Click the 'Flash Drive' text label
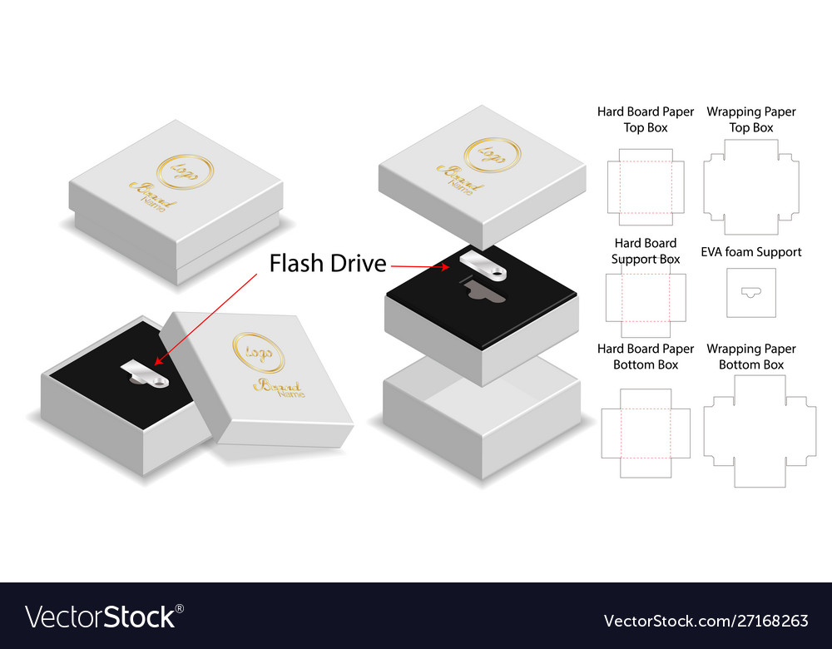tap(327, 263)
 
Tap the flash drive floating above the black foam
tap(483, 265)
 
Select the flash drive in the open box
tap(145, 373)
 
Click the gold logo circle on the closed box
tap(186, 171)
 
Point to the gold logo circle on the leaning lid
tap(259, 352)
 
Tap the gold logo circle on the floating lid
tap(493, 155)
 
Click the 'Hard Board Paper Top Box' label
tap(646, 119)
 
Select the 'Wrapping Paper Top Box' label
tap(750, 119)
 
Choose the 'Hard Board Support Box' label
tap(646, 251)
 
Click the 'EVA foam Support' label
tap(750, 251)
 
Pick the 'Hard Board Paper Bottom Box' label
tap(646, 357)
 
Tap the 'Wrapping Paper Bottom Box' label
tap(750, 357)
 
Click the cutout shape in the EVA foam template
tap(750, 292)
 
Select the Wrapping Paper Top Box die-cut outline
tap(704, 186)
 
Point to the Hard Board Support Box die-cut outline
tap(606, 298)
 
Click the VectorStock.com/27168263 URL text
tap(706, 621)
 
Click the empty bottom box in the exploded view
tap(481, 417)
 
